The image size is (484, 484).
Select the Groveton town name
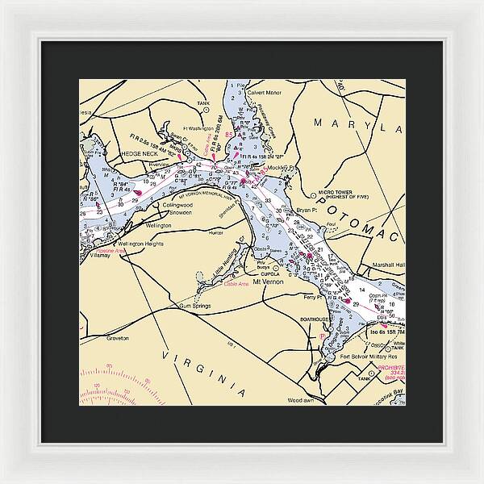click(x=118, y=338)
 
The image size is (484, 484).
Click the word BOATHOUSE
click(x=314, y=319)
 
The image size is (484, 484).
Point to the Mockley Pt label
click(x=280, y=169)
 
